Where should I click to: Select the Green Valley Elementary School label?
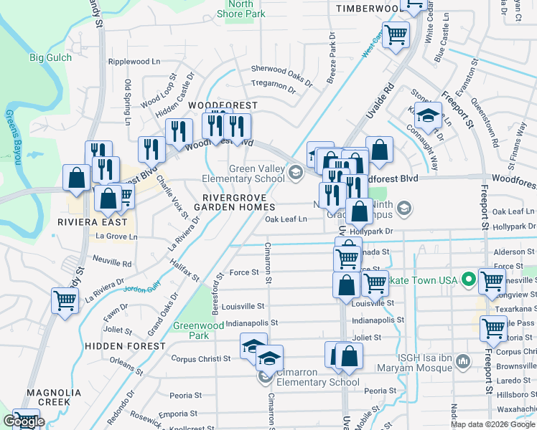pos(256,173)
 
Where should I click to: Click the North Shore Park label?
pos(241,9)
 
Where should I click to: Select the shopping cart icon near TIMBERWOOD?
pos(396,33)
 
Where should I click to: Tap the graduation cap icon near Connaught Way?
pos(428,115)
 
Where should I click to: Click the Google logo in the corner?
pos(24,421)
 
